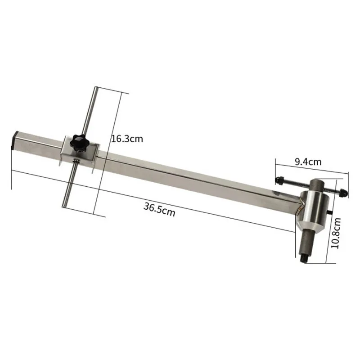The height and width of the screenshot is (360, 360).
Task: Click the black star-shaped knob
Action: point(78,143)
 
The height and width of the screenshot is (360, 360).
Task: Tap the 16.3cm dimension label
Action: point(127,139)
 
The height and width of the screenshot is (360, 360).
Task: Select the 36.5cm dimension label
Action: point(159,209)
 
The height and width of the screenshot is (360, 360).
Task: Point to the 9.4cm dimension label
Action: point(308,162)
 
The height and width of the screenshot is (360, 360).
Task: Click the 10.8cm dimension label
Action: point(336,233)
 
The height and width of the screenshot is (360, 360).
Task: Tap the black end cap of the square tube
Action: point(14,140)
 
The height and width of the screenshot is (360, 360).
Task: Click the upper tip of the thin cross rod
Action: point(96,87)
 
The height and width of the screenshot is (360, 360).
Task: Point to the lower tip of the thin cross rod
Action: point(64,206)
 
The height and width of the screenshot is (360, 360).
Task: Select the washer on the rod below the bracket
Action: point(76,161)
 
